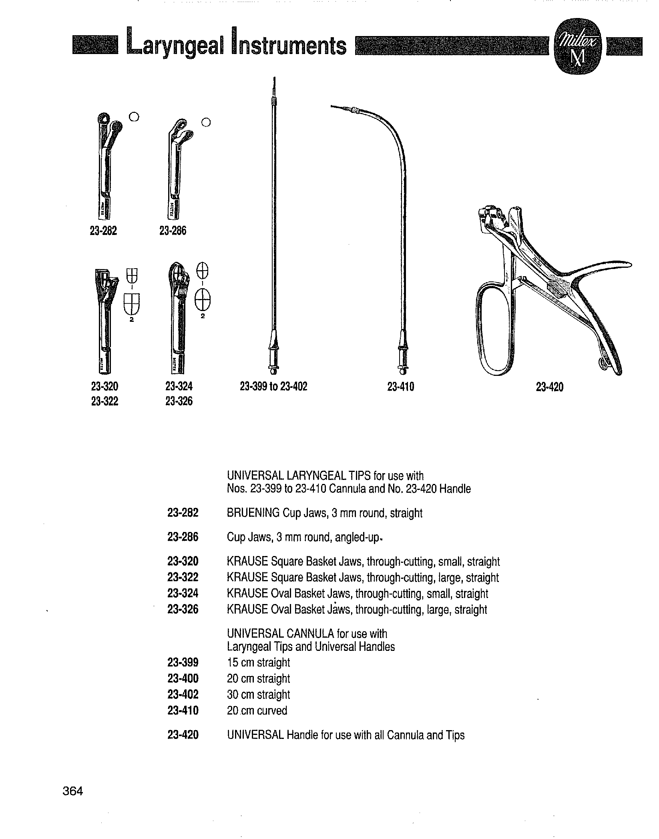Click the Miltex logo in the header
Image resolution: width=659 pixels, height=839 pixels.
pyautogui.click(x=577, y=47)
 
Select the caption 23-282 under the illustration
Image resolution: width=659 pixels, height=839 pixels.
pyautogui.click(x=103, y=231)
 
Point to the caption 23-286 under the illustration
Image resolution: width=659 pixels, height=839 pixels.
pyautogui.click(x=173, y=231)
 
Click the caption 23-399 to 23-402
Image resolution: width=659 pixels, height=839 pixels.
pyautogui.click(x=273, y=386)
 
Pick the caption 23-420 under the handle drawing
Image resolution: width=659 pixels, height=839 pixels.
pyautogui.click(x=549, y=387)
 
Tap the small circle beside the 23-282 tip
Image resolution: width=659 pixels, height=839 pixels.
pyautogui.click(x=134, y=117)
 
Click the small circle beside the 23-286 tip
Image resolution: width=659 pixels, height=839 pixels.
pyautogui.click(x=206, y=122)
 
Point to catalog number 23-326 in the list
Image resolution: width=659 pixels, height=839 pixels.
pyautogui.click(x=183, y=609)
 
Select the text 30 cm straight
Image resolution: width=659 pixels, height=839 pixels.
pyautogui.click(x=258, y=694)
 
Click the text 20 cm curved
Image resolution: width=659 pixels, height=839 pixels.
pyautogui.click(x=257, y=711)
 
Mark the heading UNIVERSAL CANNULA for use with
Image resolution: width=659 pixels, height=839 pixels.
pyautogui.click(x=307, y=634)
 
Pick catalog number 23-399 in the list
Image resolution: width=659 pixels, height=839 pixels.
pyautogui.click(x=183, y=662)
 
